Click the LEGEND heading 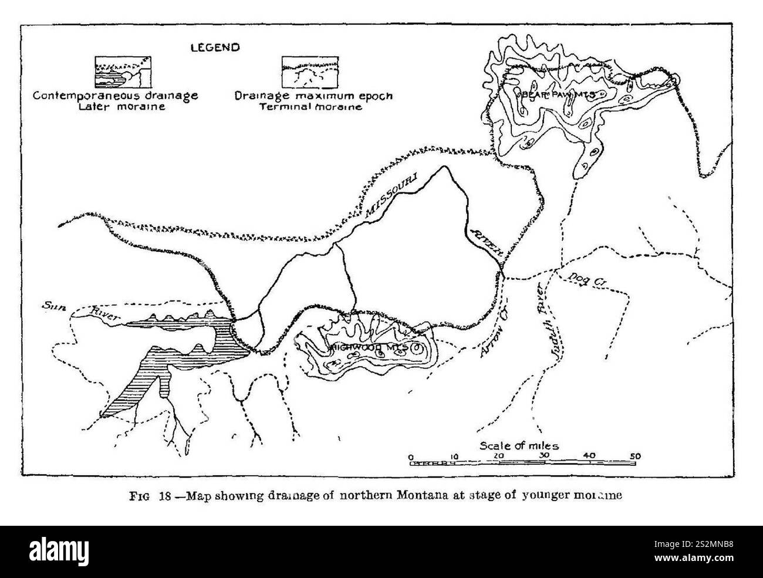point(214,48)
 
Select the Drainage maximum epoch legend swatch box point(309,72)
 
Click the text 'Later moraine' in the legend point(115,107)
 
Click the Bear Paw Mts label point(555,94)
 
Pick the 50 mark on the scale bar point(635,456)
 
